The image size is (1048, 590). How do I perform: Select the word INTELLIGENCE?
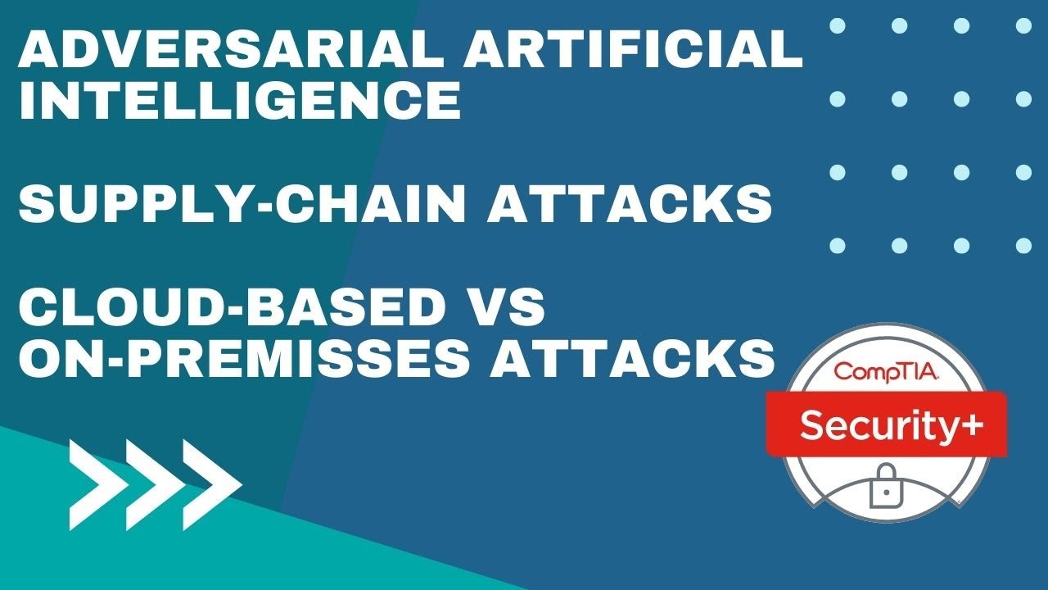(239, 101)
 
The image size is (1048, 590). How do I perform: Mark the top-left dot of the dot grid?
(837, 25)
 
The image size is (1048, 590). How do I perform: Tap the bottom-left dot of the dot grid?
(837, 245)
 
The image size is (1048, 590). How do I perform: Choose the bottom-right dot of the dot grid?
(1023, 245)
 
